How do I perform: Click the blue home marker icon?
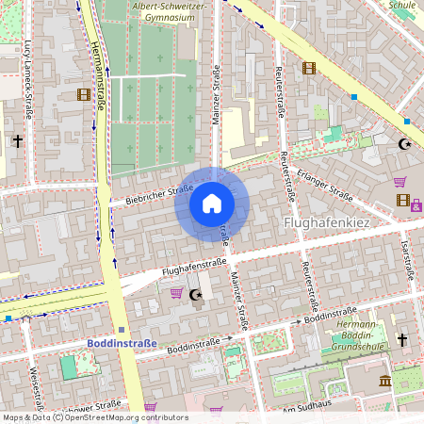click(x=212, y=204)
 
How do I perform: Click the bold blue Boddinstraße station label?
click(x=122, y=344)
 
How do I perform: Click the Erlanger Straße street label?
click(x=324, y=185)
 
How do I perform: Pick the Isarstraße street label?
click(x=407, y=260)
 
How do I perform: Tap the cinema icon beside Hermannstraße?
click(x=84, y=94)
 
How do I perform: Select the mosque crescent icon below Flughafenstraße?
click(x=196, y=295)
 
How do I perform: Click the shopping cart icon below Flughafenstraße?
click(x=175, y=293)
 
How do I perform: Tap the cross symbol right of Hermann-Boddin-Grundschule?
click(x=402, y=339)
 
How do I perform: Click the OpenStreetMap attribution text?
click(x=94, y=416)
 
